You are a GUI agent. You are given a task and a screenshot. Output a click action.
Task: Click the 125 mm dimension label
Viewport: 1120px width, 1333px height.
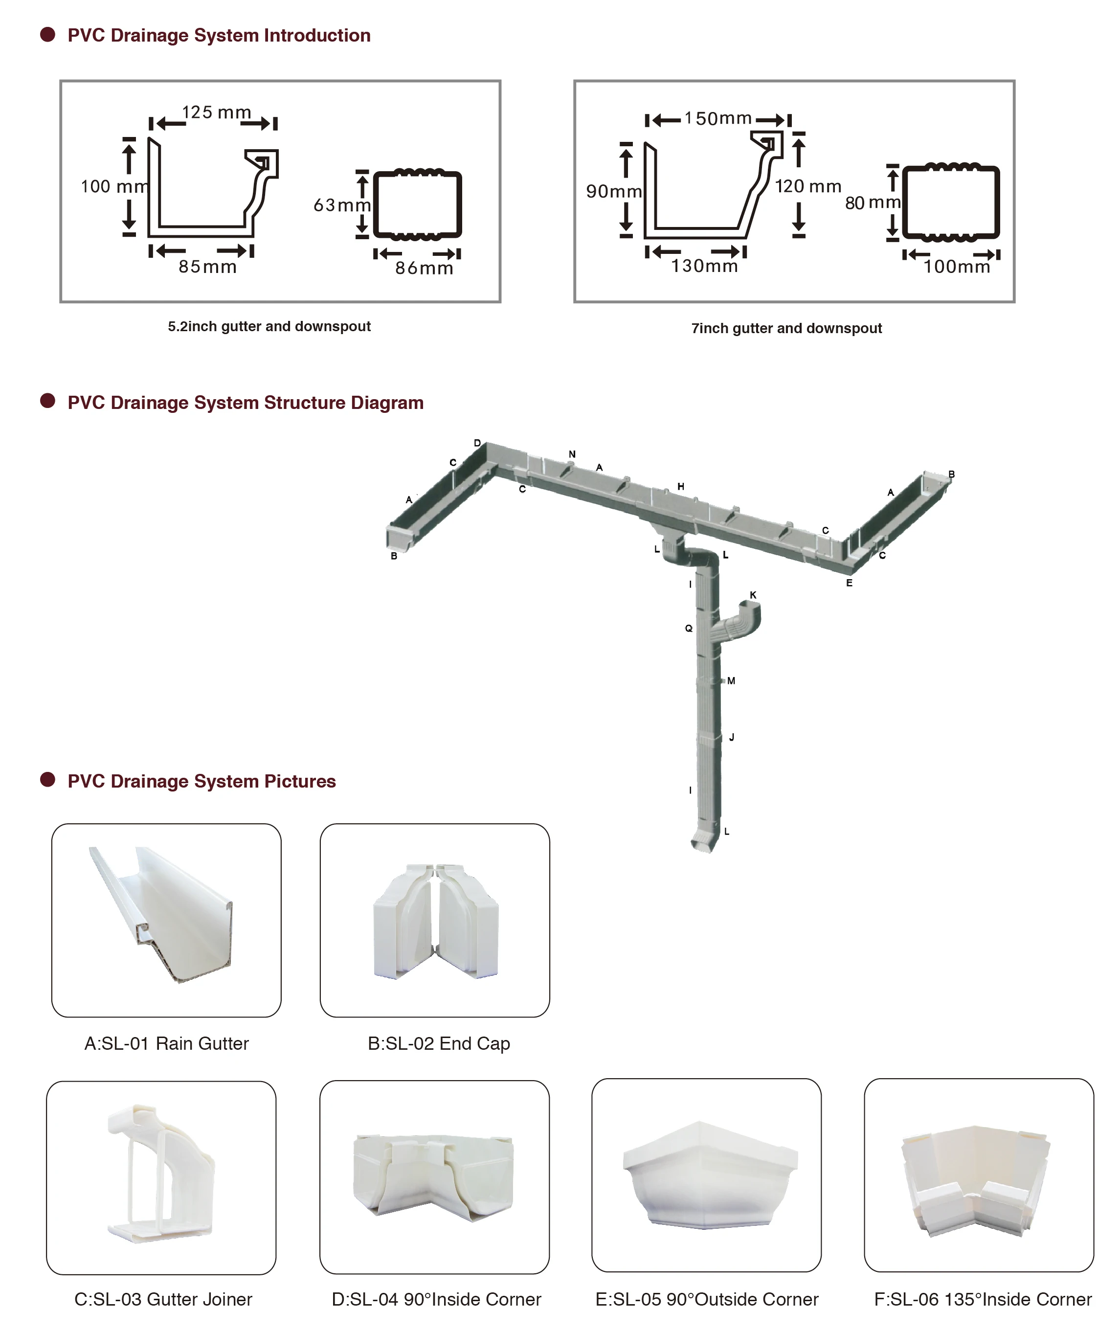[x=217, y=113]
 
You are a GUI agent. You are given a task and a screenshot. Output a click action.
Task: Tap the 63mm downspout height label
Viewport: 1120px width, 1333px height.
[x=341, y=205]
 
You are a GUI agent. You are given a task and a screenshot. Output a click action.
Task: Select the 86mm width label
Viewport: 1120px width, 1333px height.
[x=424, y=268]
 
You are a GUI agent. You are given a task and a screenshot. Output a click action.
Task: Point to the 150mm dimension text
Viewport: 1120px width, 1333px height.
[x=718, y=119]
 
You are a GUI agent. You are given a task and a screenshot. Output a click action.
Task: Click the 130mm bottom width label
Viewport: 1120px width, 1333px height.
[x=705, y=266]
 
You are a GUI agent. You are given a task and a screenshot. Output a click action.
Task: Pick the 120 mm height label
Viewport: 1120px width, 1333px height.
[x=807, y=186]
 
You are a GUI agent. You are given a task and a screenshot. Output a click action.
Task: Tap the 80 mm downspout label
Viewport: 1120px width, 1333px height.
[x=873, y=203]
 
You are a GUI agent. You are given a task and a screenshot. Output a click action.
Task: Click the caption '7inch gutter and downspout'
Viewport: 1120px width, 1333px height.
[x=786, y=328]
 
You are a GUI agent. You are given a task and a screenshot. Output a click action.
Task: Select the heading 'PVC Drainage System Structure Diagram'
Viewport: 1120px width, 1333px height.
[x=245, y=403]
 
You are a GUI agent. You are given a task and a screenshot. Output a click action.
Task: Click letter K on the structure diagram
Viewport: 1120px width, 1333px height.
[x=753, y=595]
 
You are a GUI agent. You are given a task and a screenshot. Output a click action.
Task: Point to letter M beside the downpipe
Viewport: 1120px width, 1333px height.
[x=732, y=681]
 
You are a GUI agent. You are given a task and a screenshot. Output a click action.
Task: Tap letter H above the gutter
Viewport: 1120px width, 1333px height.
[x=681, y=486]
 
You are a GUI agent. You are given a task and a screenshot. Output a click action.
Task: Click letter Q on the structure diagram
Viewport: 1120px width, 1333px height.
[x=688, y=628]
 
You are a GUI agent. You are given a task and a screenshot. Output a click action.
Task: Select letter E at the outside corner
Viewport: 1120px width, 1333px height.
[x=849, y=583]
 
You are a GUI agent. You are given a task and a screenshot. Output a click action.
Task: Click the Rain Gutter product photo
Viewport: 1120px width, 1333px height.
[x=166, y=920]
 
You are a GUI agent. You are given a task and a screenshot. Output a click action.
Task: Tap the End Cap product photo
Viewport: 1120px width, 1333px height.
[x=435, y=920]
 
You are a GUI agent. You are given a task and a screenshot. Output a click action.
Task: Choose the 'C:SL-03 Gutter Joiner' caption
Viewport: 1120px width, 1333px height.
[x=163, y=1299]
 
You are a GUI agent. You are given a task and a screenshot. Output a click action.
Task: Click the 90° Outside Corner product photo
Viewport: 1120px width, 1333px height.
[x=706, y=1175]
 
